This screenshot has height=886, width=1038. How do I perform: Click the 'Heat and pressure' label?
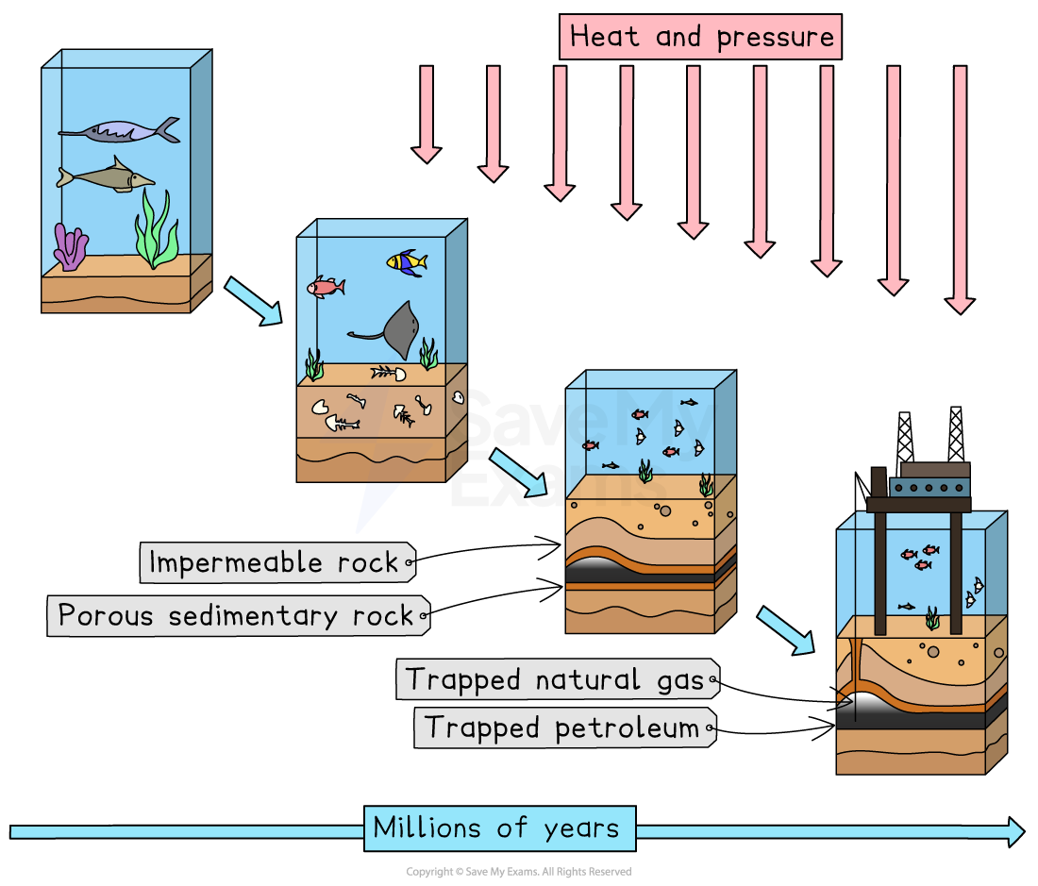(702, 38)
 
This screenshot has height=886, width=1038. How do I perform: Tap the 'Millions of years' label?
(497, 828)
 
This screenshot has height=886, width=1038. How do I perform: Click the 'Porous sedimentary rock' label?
(237, 616)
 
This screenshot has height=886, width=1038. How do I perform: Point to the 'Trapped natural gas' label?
(556, 679)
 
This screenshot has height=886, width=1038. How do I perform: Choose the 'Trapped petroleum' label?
(562, 727)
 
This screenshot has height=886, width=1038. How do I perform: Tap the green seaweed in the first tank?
(157, 231)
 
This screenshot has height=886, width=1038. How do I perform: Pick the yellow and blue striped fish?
(406, 262)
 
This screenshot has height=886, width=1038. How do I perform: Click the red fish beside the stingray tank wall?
(326, 287)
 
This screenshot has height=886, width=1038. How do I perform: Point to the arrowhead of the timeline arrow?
(1015, 831)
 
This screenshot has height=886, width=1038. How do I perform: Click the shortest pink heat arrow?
(427, 113)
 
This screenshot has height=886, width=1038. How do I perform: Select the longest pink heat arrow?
(960, 189)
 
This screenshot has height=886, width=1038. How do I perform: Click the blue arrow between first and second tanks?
(253, 301)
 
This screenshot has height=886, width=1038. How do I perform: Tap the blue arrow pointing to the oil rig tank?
(785, 630)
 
